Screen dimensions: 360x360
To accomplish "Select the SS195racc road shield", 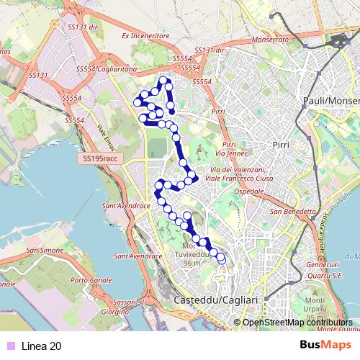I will (x=98, y=156).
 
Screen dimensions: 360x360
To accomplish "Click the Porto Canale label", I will (x=89, y=280).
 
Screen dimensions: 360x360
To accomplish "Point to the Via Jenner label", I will (x=228, y=154).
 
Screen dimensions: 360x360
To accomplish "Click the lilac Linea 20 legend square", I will (x=9, y=346).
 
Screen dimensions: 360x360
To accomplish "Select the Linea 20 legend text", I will (x=41, y=346).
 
